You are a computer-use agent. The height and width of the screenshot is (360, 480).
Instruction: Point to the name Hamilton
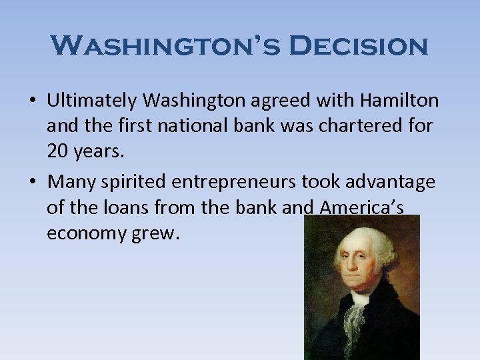400,101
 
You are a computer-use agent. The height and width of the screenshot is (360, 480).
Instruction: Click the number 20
57,152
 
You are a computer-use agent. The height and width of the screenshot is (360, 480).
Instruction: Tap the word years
97,152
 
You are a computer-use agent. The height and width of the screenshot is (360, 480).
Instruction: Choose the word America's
361,208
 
